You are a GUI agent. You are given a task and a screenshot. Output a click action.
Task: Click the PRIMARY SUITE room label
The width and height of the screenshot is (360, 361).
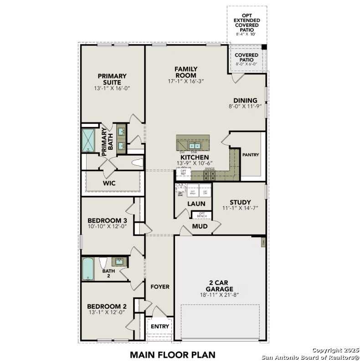pos(112,79)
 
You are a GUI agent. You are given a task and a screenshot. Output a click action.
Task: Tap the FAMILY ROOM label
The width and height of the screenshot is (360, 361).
pos(185,72)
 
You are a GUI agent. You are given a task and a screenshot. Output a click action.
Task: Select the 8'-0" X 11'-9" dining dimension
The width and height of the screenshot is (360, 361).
pos(248,106)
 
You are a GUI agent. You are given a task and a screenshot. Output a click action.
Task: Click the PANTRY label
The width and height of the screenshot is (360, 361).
pos(251,155)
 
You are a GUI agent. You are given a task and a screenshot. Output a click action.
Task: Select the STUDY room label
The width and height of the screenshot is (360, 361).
pos(241,203)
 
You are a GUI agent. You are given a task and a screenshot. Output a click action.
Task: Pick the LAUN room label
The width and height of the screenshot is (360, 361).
pos(196,204)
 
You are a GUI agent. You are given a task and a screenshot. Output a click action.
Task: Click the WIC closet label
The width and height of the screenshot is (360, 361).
pos(109,183)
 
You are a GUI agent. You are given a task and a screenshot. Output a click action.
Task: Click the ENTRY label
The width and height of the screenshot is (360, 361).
pos(159,326)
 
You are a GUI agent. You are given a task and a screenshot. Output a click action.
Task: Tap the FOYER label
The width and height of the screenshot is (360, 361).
pos(159,287)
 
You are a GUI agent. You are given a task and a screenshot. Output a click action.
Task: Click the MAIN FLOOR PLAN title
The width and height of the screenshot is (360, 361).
pos(172,354)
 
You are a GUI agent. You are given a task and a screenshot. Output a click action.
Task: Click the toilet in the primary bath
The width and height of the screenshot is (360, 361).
pos(137,162)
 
